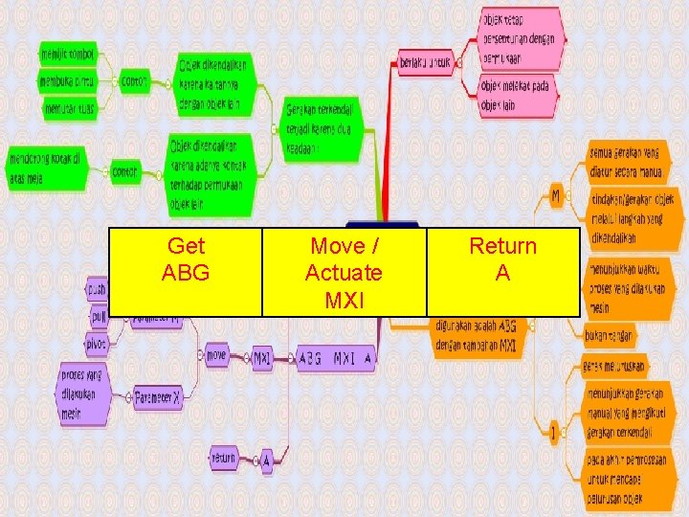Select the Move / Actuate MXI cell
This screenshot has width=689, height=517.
pos(344,271)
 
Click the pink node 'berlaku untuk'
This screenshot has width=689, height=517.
pos(425,64)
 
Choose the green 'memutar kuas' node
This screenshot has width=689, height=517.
pos(73,108)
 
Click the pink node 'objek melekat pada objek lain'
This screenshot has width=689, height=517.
pos(513,96)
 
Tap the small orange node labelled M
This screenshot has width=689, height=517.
pos(556,195)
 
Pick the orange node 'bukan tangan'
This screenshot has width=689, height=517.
pos(610,336)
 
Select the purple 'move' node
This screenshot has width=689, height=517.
pos(217,355)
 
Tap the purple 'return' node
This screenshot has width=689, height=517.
pos(223,458)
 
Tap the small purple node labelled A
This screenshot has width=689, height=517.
pos(267,460)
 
